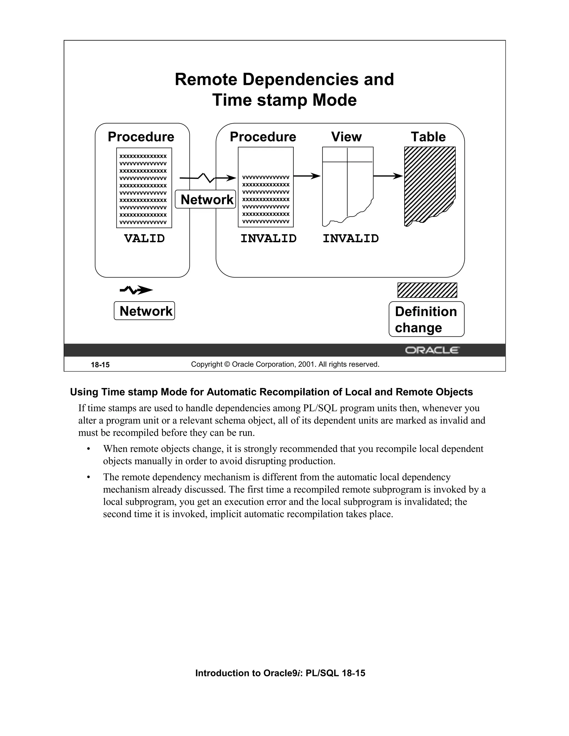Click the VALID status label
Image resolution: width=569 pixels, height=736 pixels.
click(144, 239)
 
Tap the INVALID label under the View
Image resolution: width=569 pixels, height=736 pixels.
click(351, 239)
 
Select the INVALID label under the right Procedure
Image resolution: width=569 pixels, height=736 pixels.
click(268, 239)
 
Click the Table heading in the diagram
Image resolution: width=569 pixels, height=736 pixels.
click(428, 137)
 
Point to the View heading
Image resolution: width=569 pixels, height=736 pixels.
click(346, 137)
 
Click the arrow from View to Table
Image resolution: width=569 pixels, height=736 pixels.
click(388, 176)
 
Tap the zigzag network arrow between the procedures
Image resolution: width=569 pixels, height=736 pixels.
click(207, 177)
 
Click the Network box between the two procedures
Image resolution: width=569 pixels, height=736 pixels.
click(206, 199)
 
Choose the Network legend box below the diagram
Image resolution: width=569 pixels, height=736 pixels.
click(144, 311)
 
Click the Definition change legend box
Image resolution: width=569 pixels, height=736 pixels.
click(426, 319)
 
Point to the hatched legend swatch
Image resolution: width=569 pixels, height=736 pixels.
click(427, 290)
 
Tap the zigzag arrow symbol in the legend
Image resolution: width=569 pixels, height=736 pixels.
click(136, 289)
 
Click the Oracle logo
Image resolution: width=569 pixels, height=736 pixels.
click(431, 351)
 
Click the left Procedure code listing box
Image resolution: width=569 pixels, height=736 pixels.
click(144, 188)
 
